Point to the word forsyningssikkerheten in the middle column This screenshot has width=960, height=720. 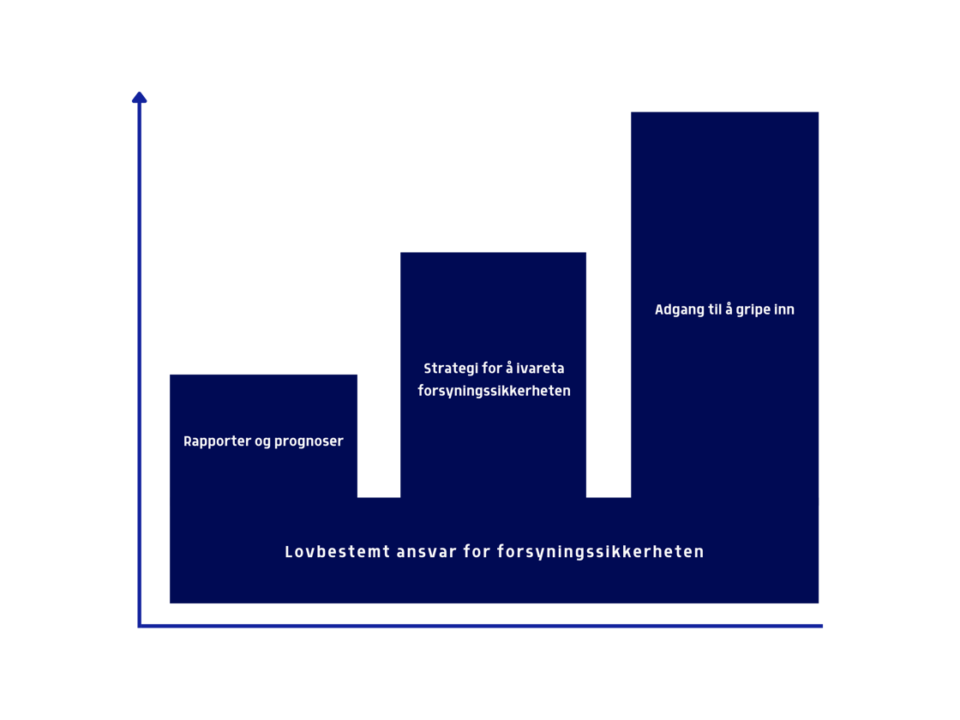click(494, 391)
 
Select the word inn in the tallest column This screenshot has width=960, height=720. click(784, 310)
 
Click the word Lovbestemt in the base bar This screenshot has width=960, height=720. click(338, 552)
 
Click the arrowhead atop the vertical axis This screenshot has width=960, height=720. click(139, 98)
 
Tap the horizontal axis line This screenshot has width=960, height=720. click(480, 627)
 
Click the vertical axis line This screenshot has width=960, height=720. click(139, 360)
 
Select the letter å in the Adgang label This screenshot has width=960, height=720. click(729, 309)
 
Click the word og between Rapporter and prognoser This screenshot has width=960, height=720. click(262, 442)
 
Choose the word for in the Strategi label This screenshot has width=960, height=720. click(492, 369)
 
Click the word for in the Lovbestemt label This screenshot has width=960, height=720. click(477, 552)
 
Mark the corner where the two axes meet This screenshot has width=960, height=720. click(139, 627)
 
